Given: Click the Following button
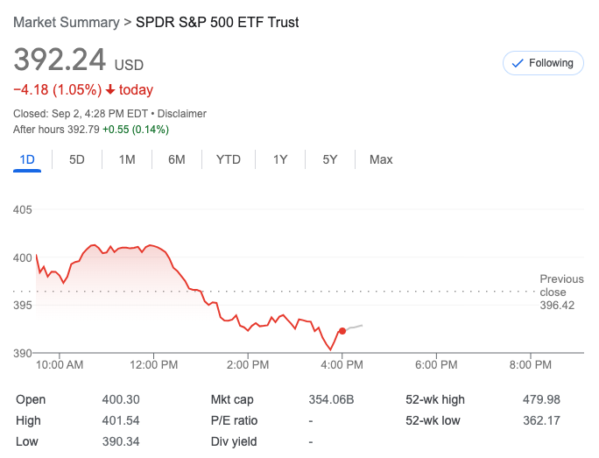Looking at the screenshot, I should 543,63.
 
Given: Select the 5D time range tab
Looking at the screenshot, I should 77,159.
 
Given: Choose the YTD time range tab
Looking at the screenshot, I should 229,159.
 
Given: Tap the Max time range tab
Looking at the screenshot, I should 381,159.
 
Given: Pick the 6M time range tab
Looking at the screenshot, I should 177,159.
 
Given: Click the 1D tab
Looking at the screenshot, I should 27,159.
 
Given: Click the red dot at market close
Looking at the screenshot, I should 342,331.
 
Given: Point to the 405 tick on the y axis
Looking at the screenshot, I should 24,210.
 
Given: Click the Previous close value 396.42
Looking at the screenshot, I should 558,305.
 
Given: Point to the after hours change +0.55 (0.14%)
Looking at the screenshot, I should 136,130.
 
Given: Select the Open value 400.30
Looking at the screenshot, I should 121,399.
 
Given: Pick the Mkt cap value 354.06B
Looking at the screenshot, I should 331,399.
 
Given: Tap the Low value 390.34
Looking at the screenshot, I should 121,441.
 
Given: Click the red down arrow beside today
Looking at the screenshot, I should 110,89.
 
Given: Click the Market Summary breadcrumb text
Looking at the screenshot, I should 66,22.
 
